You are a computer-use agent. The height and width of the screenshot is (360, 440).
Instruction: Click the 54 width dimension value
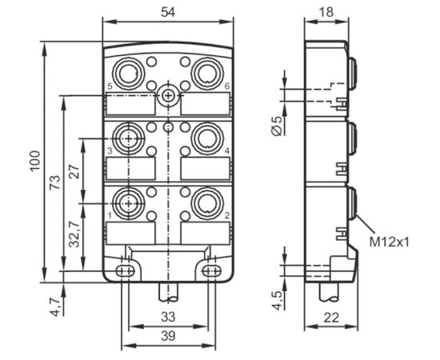(x=168, y=12)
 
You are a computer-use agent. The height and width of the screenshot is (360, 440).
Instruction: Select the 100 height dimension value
(x=35, y=161)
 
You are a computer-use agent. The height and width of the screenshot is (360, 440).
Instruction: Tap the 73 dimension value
(x=55, y=182)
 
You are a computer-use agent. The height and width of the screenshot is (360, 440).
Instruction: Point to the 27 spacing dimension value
(x=75, y=172)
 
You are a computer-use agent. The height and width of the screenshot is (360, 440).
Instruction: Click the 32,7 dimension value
(x=75, y=234)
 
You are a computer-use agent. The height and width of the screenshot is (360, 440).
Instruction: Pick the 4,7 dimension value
(x=55, y=307)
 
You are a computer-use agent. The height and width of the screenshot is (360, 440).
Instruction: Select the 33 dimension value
(x=168, y=317)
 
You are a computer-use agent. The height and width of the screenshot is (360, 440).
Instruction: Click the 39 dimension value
(x=168, y=336)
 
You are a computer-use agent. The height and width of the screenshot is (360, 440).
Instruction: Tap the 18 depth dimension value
(x=326, y=12)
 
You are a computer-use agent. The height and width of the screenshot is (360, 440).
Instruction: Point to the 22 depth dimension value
(x=331, y=318)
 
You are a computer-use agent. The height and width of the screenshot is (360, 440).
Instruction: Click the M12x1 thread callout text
(x=389, y=242)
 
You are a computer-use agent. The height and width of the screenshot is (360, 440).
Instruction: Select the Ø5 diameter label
(x=278, y=126)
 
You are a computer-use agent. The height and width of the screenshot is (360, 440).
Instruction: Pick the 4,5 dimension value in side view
(x=278, y=301)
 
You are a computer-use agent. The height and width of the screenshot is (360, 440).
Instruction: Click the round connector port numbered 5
(x=128, y=74)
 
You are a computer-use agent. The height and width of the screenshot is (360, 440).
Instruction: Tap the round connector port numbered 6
(x=207, y=74)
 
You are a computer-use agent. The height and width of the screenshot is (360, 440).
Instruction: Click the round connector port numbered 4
(x=207, y=138)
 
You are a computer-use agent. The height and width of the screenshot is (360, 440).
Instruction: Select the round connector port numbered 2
(x=207, y=203)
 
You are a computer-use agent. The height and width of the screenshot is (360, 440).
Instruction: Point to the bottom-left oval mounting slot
(x=125, y=271)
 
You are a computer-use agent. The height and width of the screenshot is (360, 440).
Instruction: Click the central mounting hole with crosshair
(x=168, y=96)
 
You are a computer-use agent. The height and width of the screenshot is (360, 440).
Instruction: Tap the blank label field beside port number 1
(x=130, y=233)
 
